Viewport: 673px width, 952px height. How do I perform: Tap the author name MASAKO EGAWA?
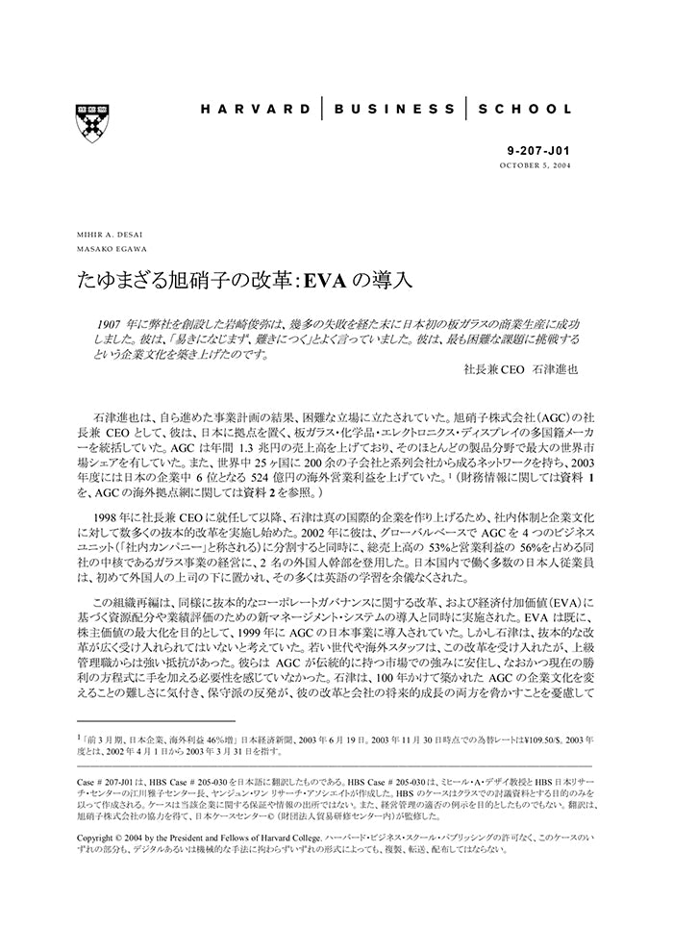pyautogui.click(x=108, y=249)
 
